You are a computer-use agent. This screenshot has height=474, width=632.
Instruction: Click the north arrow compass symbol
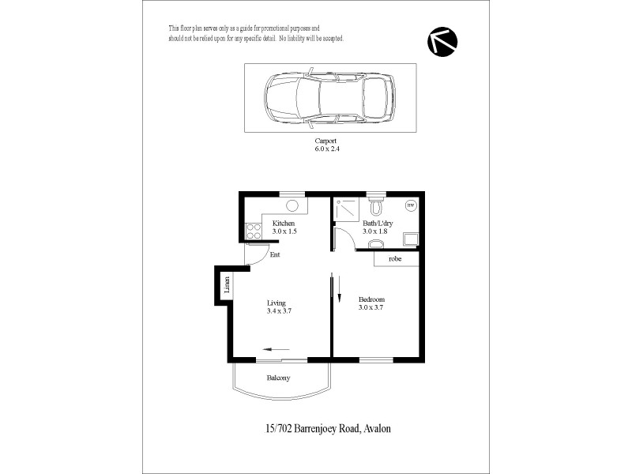coord(442,42)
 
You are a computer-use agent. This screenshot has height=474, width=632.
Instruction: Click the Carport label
coord(326,140)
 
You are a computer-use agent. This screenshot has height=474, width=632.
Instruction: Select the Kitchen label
coord(284,223)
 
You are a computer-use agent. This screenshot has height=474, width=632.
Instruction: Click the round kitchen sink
coord(292,205)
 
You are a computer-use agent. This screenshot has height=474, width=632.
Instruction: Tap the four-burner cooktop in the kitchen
coord(254,231)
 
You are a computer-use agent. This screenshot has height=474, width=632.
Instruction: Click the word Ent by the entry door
coord(275,254)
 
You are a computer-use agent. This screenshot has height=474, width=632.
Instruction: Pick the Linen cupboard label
coord(227,285)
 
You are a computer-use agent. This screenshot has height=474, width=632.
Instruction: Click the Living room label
coord(276,303)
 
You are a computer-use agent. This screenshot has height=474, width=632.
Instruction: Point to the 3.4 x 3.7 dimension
coord(279,311)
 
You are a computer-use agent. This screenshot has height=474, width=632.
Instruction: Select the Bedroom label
coord(371,299)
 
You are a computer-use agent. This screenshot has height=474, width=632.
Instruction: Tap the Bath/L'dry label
coord(376,223)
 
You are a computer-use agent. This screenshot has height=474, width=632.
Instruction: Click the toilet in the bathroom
coord(377,207)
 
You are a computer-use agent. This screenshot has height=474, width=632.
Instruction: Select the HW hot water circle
coord(410,205)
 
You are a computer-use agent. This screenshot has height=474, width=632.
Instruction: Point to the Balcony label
coord(278,378)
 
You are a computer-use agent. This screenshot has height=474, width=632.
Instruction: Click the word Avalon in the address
coord(377,428)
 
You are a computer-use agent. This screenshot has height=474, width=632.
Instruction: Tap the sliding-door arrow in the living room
coord(276,349)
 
